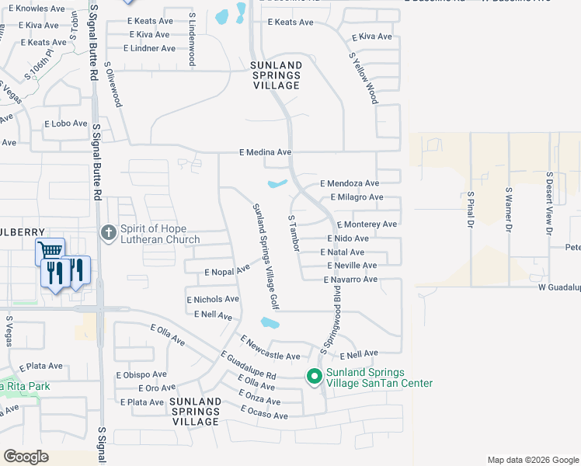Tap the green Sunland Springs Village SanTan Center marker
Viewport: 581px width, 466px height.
[314, 377]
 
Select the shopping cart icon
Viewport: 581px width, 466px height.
[50, 250]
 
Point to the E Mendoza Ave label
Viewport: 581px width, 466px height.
[350, 183]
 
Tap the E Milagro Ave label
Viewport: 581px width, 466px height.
[357, 197]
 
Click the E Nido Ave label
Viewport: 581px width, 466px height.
[347, 238]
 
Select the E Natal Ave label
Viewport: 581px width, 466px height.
[343, 252]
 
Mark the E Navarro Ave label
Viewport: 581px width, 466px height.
[350, 279]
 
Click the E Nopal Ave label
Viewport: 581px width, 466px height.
[227, 271]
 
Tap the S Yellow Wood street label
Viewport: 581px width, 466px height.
[364, 78]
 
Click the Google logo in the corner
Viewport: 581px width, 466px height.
[26, 457]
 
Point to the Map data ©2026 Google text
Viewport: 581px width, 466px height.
[532, 460]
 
